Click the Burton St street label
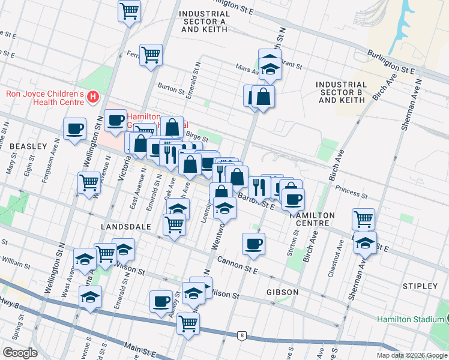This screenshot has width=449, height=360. (x=171, y=90)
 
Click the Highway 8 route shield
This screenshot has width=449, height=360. (x=241, y=335)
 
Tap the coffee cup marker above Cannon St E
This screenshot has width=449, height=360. (x=253, y=243)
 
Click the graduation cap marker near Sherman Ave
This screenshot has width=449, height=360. (x=364, y=243)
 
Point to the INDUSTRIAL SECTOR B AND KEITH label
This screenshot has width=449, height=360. (x=342, y=92)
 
